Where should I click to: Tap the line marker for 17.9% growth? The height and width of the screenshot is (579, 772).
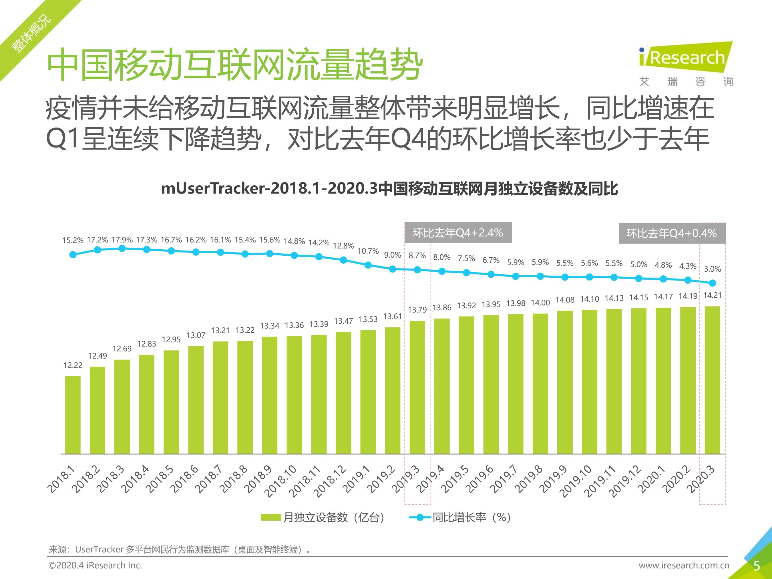coord(122,248)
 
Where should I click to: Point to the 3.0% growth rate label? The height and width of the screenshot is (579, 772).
coord(712,269)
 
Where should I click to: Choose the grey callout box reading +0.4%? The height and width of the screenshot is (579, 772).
coord(671,233)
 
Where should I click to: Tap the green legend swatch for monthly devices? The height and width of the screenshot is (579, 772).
coord(271,517)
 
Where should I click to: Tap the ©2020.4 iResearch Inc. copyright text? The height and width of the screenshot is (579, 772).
coord(95,565)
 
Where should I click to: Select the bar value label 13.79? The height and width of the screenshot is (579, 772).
coord(417,310)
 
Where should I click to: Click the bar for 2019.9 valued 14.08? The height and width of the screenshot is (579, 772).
coord(565,382)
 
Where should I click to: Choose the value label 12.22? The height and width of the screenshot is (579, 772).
coord(73,365)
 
